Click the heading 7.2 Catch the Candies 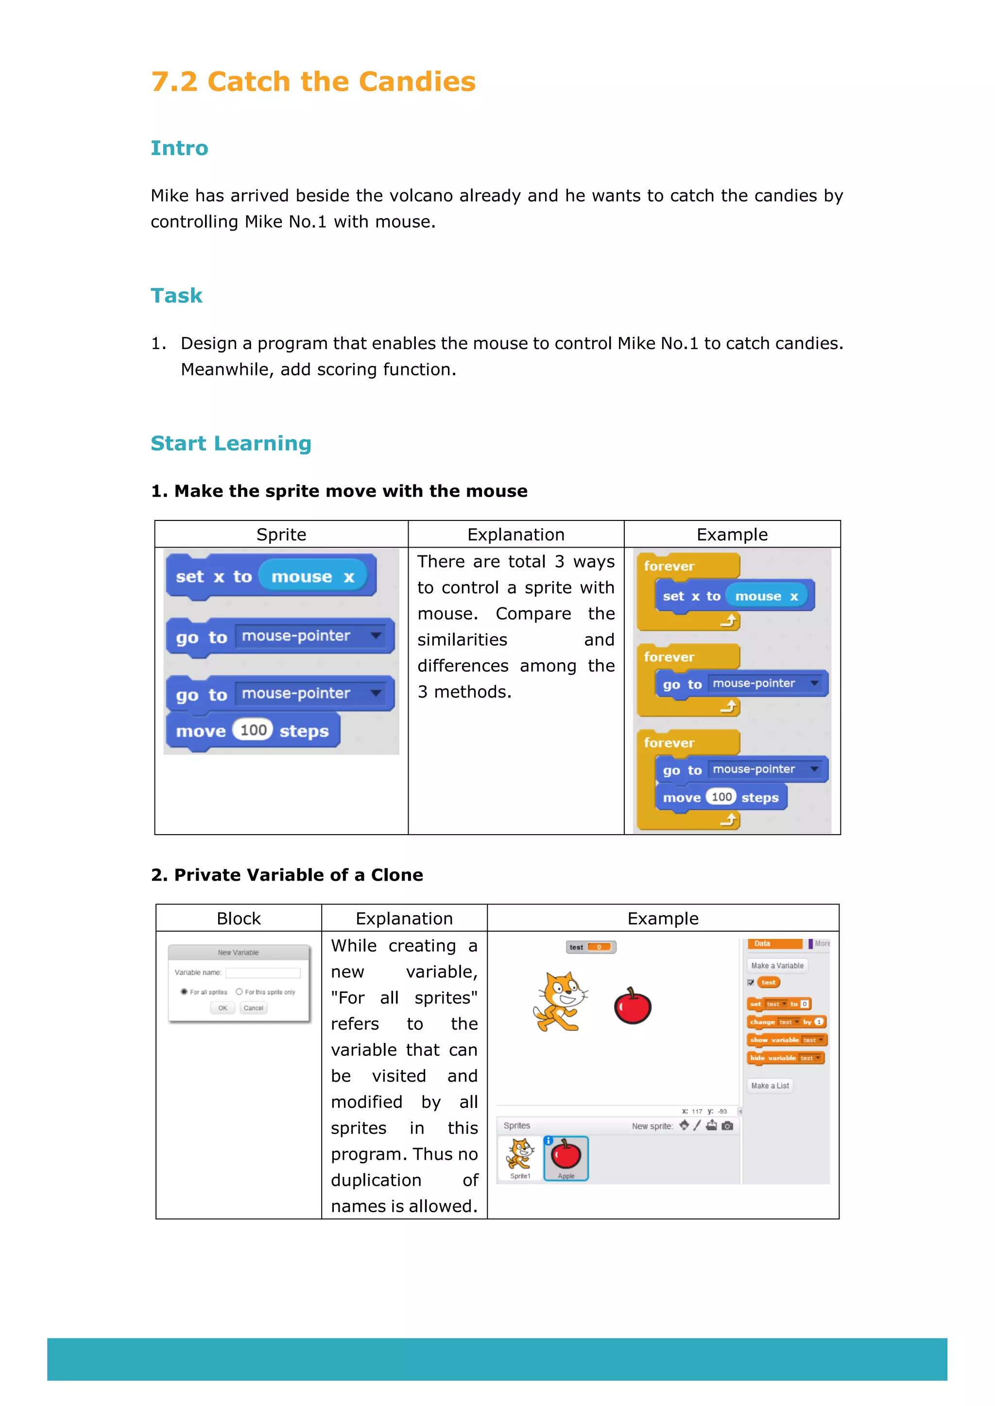[x=313, y=82]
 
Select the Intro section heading [x=179, y=148]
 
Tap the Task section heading [x=176, y=296]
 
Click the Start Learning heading [x=231, y=443]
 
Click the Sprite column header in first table [x=281, y=535]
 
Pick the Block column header [x=239, y=919]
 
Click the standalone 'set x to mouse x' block [x=270, y=576]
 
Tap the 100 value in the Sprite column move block [x=253, y=730]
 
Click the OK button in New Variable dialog [x=223, y=1008]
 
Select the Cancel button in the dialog [x=253, y=1008]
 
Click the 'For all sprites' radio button [x=184, y=991]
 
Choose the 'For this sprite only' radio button [x=239, y=991]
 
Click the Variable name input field [x=263, y=972]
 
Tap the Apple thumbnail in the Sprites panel [x=566, y=1157]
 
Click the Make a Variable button [x=777, y=966]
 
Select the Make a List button [x=770, y=1086]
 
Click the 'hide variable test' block [x=786, y=1058]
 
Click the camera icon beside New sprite [x=727, y=1125]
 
